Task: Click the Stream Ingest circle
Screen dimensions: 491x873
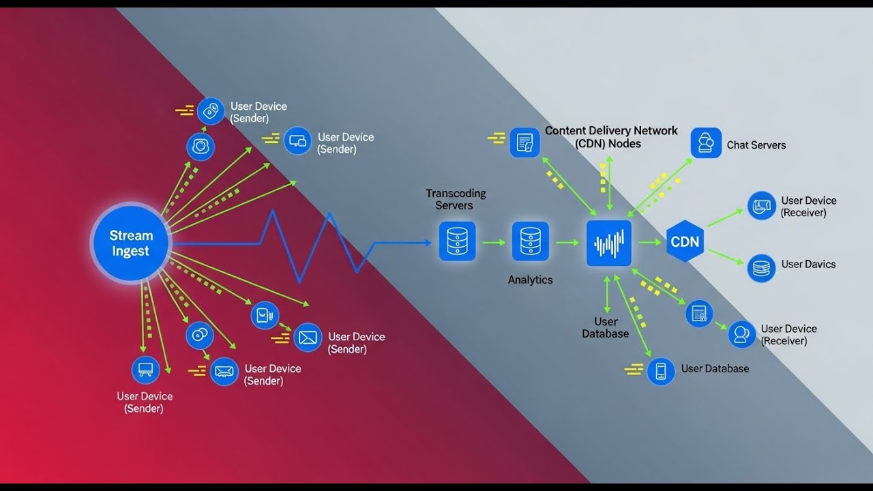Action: (x=130, y=243)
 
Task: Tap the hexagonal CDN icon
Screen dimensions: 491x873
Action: (x=685, y=242)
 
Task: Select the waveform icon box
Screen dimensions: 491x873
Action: (x=609, y=243)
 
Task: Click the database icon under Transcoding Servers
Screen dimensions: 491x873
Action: (x=457, y=241)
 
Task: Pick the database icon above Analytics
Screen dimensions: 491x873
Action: (x=530, y=241)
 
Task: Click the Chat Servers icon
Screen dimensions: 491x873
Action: (x=706, y=143)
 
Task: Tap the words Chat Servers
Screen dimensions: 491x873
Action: (x=756, y=145)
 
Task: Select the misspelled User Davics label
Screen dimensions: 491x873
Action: (x=808, y=265)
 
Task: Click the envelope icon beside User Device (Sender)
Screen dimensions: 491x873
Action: (x=308, y=337)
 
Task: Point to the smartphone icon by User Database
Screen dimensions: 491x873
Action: (x=660, y=371)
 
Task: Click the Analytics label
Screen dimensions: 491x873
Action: (x=530, y=280)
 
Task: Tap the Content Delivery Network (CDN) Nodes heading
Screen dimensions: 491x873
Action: (x=610, y=137)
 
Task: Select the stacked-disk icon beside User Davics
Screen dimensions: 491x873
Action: (x=761, y=268)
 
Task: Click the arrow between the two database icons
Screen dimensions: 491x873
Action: (x=493, y=242)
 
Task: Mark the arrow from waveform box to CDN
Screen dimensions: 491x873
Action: (x=650, y=242)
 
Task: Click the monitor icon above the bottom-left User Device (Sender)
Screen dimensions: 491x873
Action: (x=145, y=370)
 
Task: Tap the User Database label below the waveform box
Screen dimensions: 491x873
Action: (x=606, y=327)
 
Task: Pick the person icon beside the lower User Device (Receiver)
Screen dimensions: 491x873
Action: (x=741, y=334)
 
